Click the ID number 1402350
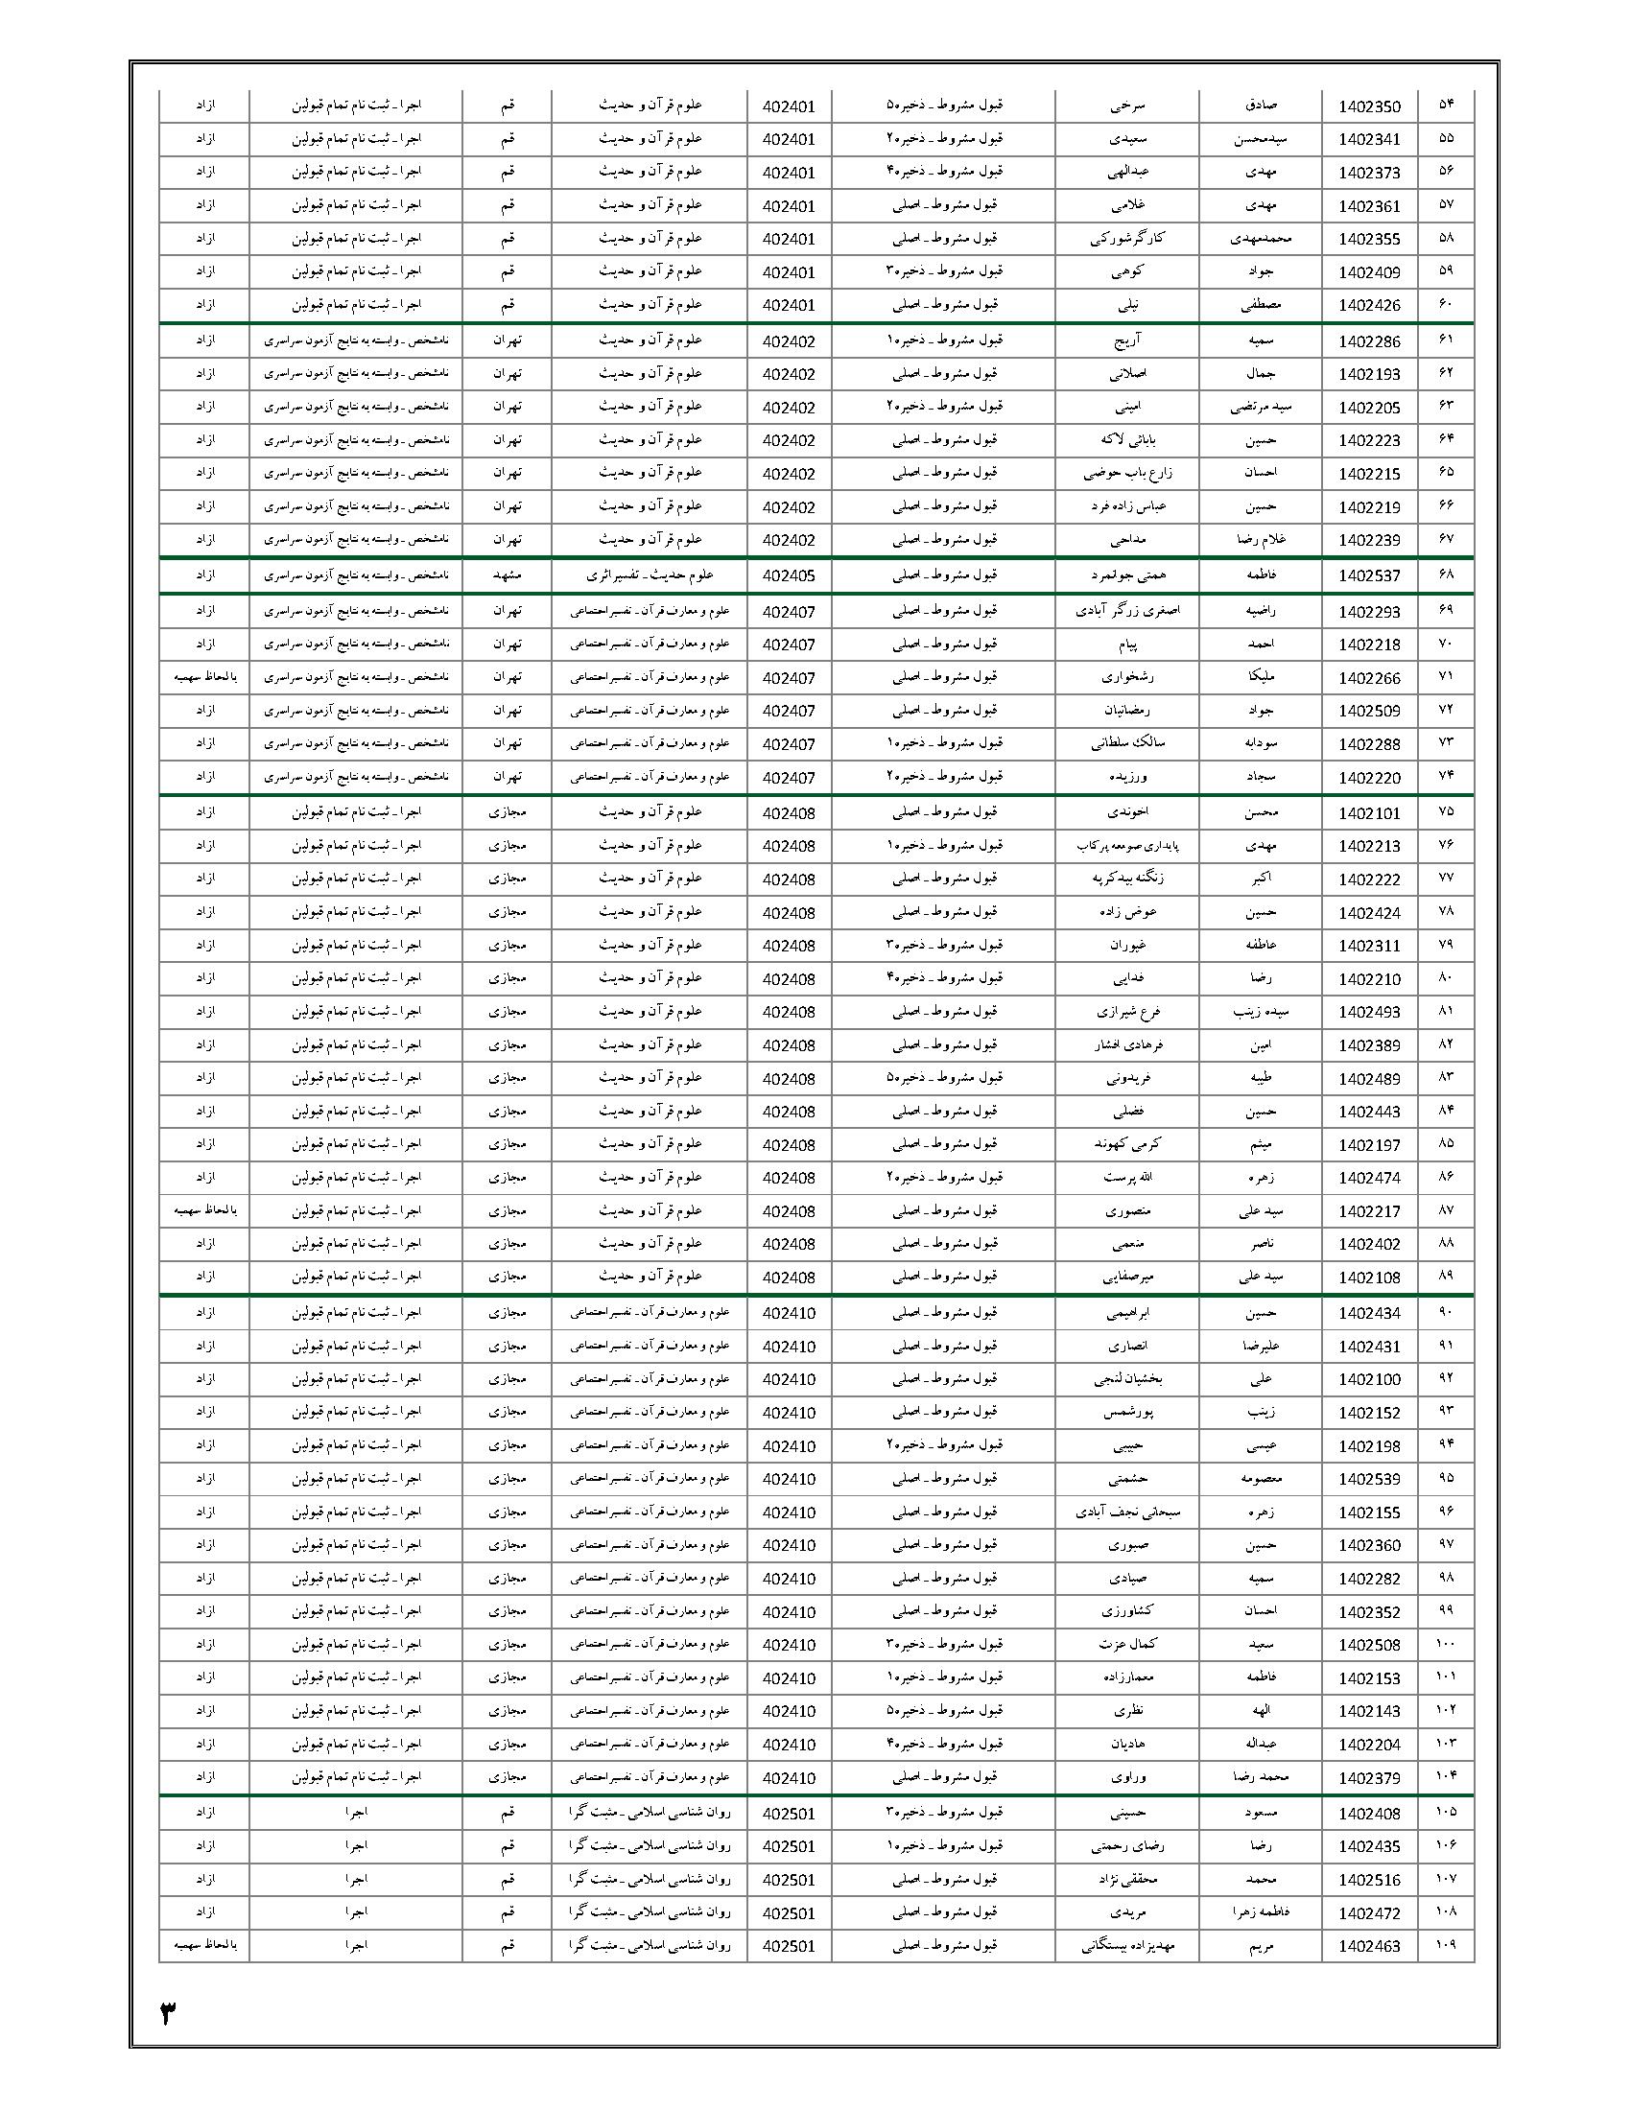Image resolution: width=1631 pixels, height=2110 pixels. (1369, 107)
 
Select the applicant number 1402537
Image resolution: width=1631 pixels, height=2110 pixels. (1369, 576)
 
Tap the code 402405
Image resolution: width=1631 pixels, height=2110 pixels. (789, 576)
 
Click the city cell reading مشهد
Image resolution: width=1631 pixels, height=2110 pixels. (507, 575)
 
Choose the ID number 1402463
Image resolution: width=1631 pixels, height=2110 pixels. (1369, 1947)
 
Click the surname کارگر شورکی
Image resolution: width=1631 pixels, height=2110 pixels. (1125, 239)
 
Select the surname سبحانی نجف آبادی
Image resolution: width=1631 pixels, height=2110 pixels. (1125, 1512)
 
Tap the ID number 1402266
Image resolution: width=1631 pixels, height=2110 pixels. (1369, 678)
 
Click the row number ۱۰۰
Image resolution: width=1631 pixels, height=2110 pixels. (1445, 1644)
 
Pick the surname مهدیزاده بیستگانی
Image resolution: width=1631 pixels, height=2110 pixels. (1125, 1946)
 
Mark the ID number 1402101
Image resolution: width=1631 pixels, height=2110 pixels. (1369, 813)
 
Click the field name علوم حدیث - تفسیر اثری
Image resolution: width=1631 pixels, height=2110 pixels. (650, 575)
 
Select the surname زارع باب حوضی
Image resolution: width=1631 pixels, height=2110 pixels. (1125, 474)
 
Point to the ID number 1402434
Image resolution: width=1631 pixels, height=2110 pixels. (1369, 1314)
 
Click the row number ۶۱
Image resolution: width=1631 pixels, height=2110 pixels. (1445, 341)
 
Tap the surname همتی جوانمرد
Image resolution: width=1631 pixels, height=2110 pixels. (1125, 575)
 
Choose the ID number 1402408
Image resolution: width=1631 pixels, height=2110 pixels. (1369, 1815)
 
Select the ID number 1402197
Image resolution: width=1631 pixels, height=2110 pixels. (1369, 1146)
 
